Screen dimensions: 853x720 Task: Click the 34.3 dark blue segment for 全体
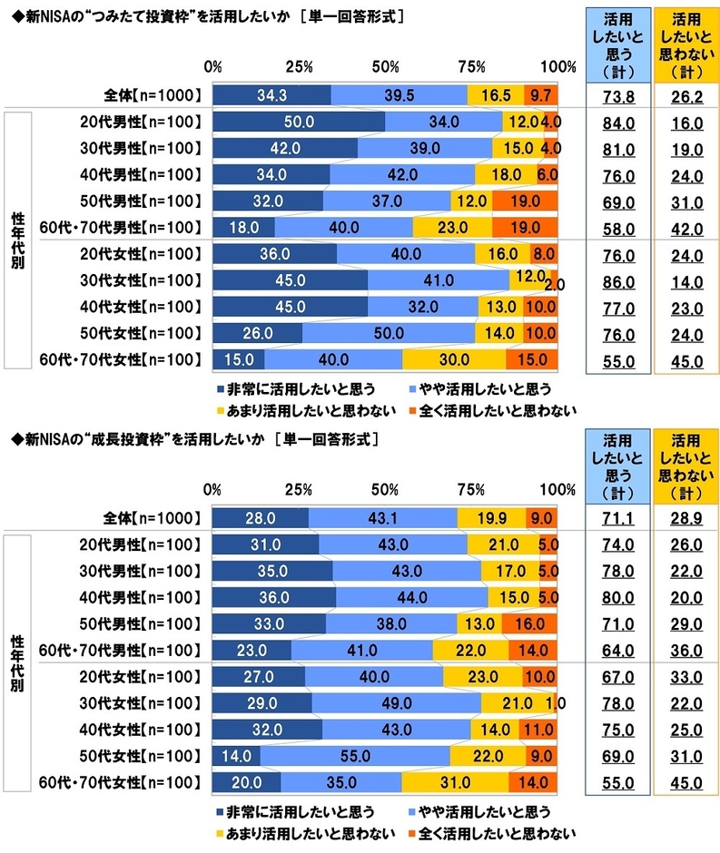pos(271,94)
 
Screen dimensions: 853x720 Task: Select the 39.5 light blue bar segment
pos(399,94)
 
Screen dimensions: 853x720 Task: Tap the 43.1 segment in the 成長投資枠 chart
pos(382,517)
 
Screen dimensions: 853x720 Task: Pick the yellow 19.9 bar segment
pos(491,517)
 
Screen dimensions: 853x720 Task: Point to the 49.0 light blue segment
pos(396,703)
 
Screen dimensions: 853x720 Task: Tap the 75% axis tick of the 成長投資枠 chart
pos(471,490)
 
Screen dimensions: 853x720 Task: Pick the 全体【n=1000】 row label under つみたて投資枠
pos(152,94)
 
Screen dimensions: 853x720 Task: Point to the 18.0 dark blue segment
pos(242,227)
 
